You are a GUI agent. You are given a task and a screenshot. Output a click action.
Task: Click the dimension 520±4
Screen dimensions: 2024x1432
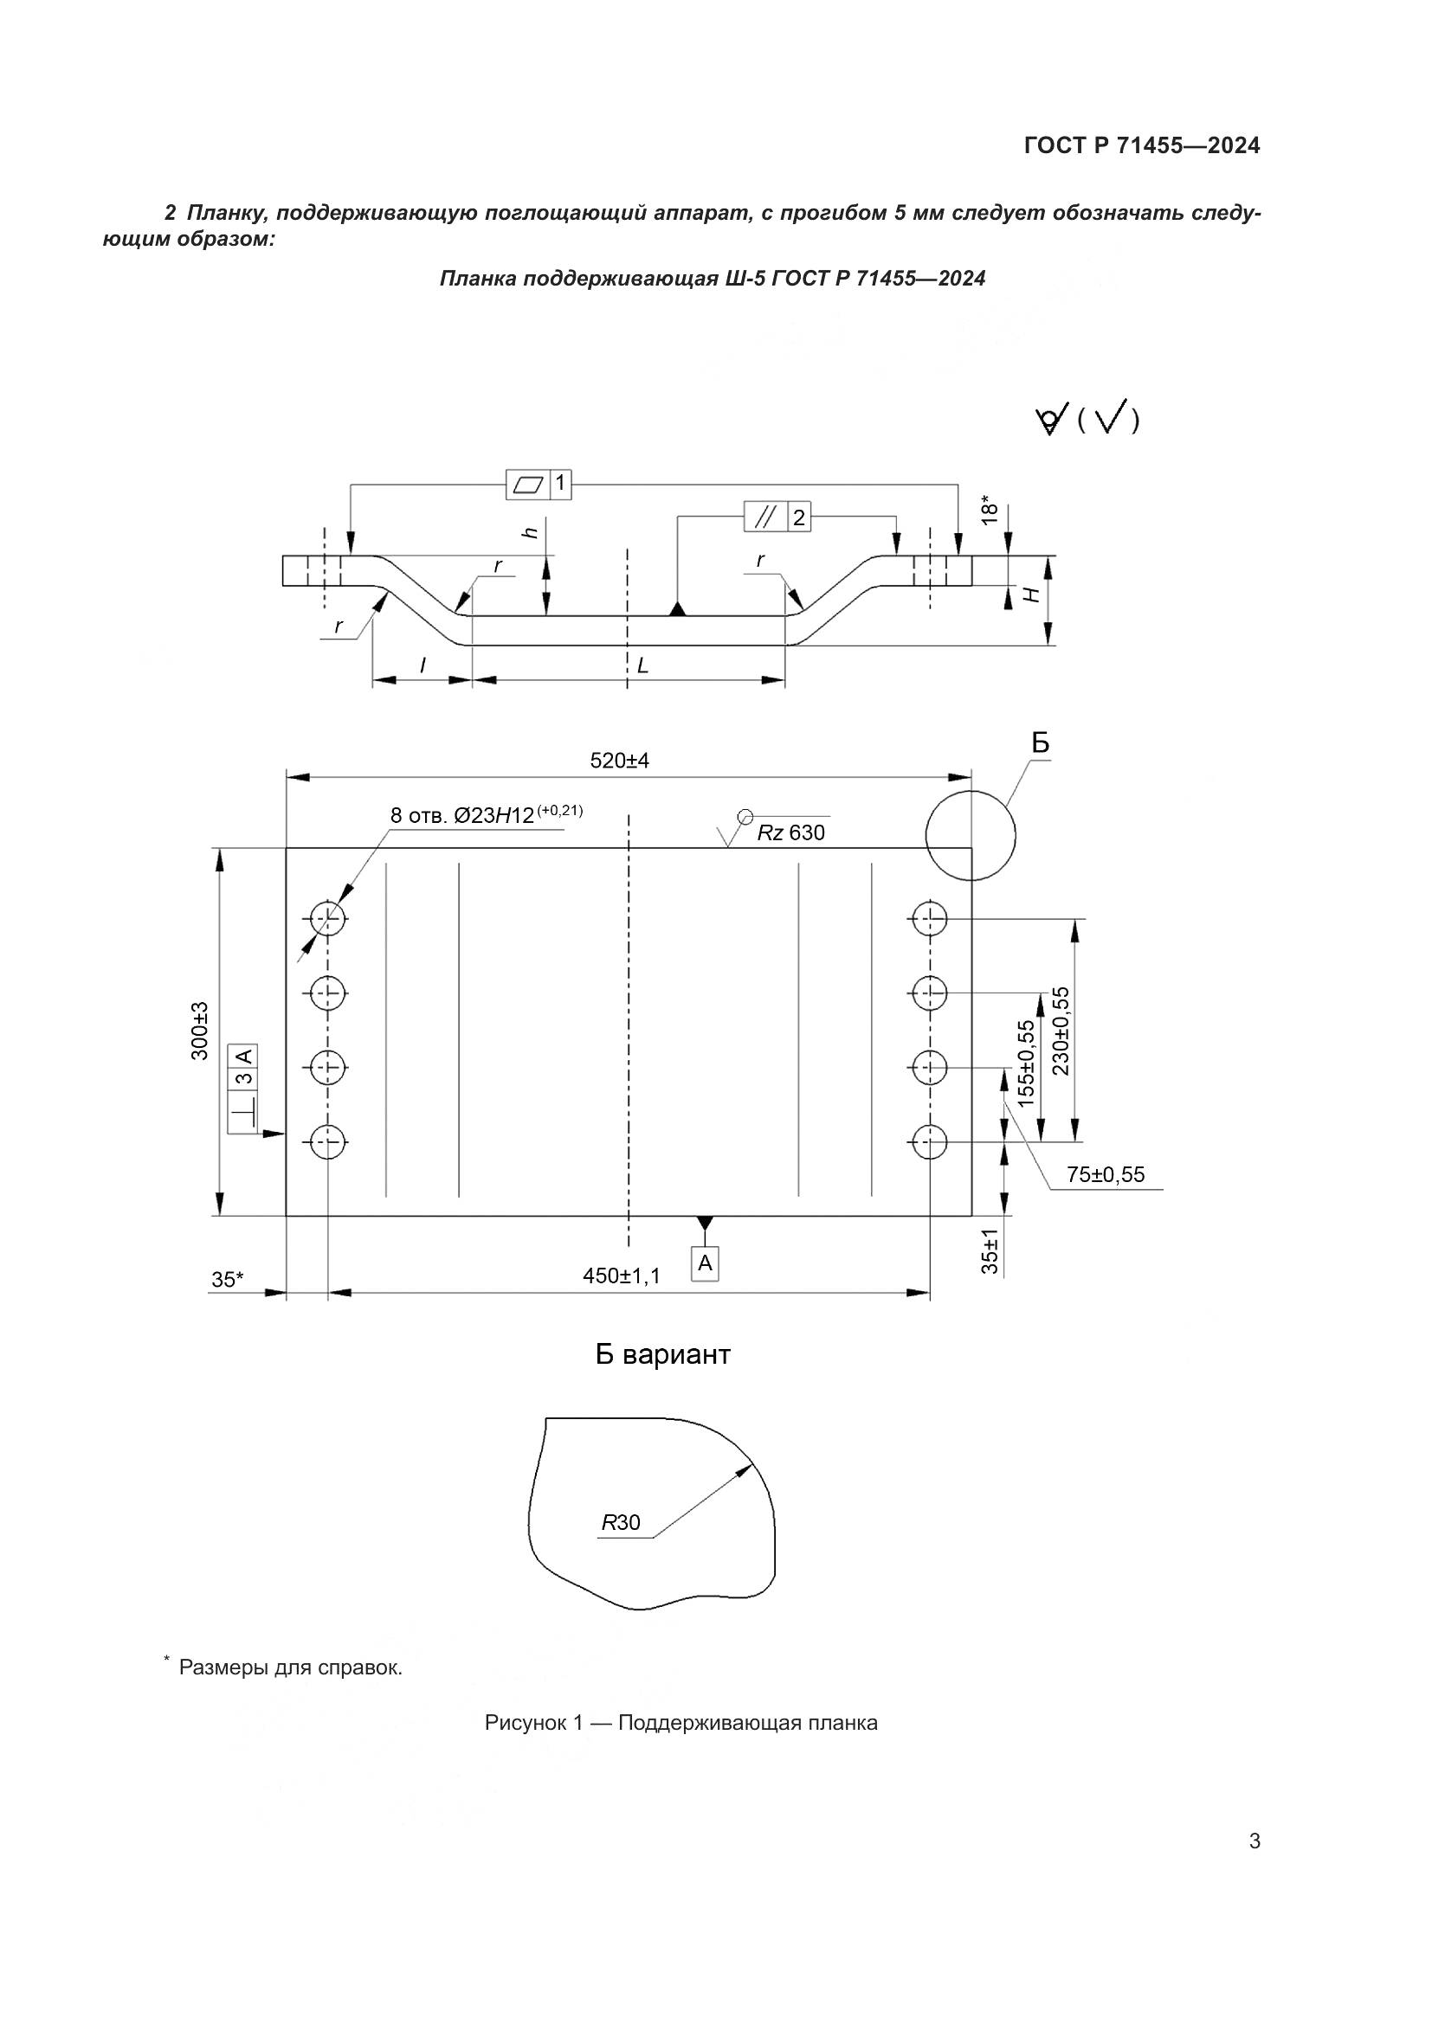click(619, 761)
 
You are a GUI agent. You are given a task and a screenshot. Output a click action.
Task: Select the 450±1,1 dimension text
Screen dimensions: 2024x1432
click(621, 1275)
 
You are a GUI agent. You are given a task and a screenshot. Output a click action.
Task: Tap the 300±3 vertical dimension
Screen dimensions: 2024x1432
click(200, 1031)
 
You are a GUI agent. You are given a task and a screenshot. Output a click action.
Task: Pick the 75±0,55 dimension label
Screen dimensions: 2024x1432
click(1105, 1174)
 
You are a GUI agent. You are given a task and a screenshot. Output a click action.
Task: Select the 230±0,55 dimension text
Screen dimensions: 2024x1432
click(1060, 1031)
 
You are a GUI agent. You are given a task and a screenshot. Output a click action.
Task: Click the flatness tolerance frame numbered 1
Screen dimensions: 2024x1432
click(539, 484)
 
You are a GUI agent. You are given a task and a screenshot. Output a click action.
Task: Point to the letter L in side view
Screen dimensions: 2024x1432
click(642, 666)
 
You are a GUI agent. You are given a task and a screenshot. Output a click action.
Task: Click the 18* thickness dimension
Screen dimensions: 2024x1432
click(990, 511)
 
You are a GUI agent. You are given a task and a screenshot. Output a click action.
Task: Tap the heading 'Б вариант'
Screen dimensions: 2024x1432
click(662, 1355)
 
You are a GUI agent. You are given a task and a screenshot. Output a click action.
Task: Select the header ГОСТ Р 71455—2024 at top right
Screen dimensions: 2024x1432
click(1142, 146)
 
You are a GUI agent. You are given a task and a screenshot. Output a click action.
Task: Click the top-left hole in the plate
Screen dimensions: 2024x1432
click(328, 921)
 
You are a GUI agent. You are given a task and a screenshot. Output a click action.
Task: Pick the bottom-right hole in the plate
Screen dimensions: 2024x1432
click(927, 1143)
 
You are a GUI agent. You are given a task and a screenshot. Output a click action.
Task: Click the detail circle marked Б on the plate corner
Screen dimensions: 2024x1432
click(970, 835)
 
